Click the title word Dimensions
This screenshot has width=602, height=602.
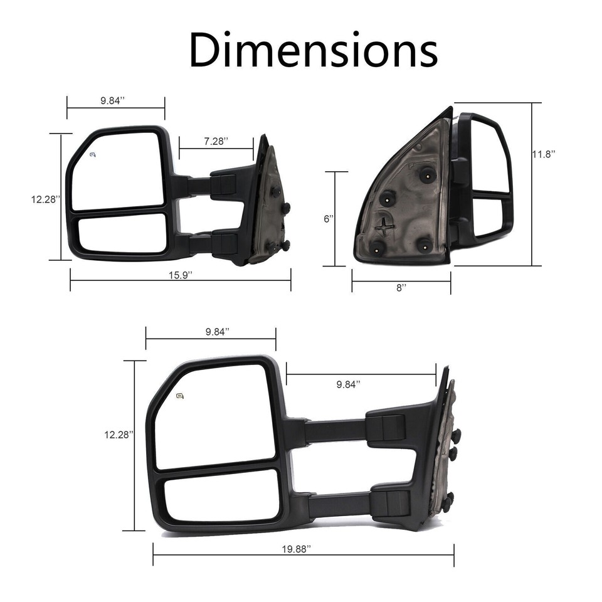[x=313, y=50]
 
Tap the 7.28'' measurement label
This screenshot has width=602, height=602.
[x=216, y=142]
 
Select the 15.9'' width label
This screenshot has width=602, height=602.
[x=180, y=293]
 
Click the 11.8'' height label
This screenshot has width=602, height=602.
[x=544, y=154]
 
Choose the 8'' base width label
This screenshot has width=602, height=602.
[x=401, y=287]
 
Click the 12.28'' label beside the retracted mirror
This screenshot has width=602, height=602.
[x=46, y=199]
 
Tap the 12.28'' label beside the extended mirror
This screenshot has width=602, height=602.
[x=119, y=434]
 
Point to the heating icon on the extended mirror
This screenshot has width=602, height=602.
[x=181, y=395]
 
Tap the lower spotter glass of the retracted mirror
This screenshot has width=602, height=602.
[x=122, y=233]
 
